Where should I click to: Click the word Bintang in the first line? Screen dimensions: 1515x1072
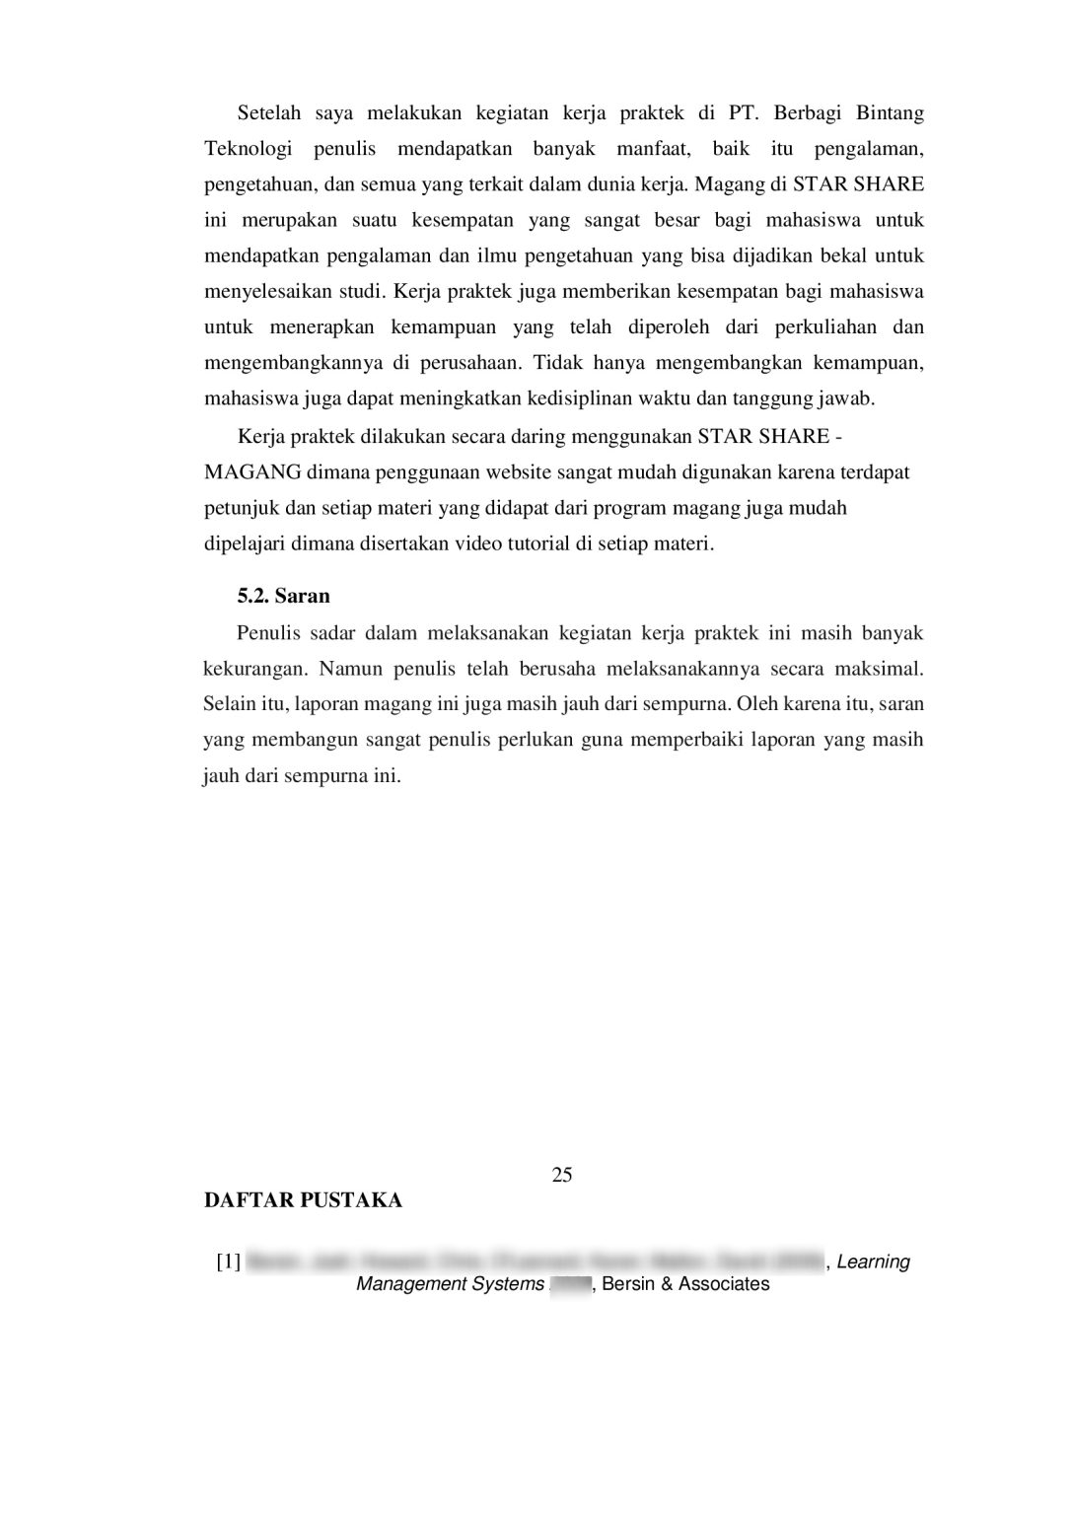click(x=890, y=113)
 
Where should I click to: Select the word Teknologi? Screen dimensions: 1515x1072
click(x=249, y=149)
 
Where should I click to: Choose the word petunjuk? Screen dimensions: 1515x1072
click(x=240, y=508)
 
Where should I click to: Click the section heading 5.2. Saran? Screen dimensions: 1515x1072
click(x=283, y=596)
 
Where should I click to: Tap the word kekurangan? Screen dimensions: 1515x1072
click(x=254, y=669)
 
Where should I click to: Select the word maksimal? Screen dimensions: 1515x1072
click(x=879, y=669)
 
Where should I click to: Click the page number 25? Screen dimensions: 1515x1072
click(x=562, y=1175)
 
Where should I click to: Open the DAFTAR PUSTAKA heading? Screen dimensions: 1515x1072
click(x=303, y=1200)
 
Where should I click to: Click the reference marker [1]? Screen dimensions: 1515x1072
click(x=228, y=1262)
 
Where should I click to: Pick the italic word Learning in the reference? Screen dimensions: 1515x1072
click(x=873, y=1262)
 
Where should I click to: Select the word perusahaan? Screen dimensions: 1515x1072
click(x=469, y=363)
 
